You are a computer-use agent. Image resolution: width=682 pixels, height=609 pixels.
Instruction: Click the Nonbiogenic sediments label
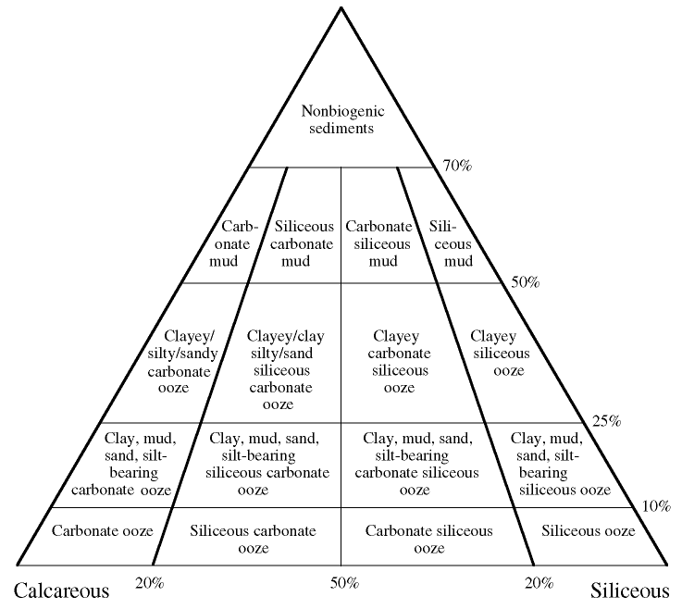point(341,120)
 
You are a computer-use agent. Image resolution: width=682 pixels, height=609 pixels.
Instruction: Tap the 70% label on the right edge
point(458,166)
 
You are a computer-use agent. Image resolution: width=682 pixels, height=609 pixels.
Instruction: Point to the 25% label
point(605,421)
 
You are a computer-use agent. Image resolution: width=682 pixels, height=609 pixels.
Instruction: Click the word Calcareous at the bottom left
point(61,590)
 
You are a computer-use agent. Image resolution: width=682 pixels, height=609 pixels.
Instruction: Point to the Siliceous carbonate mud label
point(306,242)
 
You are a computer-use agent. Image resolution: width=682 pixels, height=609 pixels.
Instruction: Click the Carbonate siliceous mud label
point(378,242)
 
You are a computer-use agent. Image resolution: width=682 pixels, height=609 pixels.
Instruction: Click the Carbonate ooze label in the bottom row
point(103,531)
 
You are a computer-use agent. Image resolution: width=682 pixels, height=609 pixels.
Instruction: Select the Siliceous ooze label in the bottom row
point(589,531)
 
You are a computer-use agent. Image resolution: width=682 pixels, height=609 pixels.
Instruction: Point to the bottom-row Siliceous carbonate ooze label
point(253,539)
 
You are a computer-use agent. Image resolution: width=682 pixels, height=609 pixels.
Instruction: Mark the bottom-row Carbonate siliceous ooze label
point(428,539)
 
